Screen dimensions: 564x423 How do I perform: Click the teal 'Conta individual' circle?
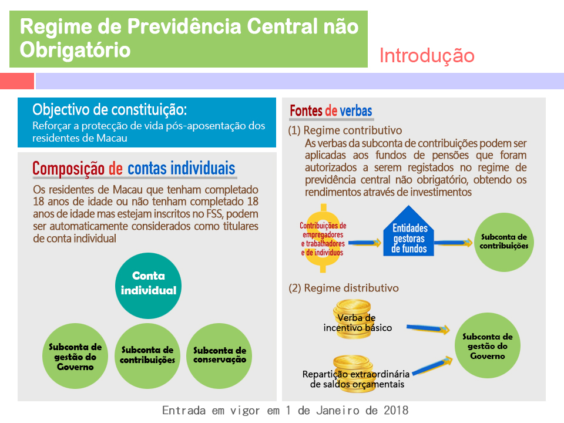click(x=148, y=286)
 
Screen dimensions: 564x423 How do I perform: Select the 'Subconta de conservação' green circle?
click(x=219, y=356)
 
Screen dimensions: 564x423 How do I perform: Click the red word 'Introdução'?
click(x=427, y=56)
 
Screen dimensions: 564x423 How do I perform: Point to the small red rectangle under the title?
click(x=17, y=81)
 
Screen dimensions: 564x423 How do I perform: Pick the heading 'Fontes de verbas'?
click(x=331, y=111)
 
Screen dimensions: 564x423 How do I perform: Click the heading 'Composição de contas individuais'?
click(x=134, y=169)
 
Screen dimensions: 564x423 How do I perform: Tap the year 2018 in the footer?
click(x=396, y=411)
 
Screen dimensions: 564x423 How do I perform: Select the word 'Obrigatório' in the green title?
click(x=75, y=49)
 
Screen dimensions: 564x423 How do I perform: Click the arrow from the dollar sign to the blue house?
click(x=364, y=243)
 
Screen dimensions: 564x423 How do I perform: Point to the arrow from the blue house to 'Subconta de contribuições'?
click(x=453, y=243)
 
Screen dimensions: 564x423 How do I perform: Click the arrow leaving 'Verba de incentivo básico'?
click(x=428, y=328)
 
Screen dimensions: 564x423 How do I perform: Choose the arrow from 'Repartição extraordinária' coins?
click(x=432, y=366)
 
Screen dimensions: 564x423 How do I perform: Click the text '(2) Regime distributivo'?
click(x=344, y=288)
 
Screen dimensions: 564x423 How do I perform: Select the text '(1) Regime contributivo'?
click(x=345, y=130)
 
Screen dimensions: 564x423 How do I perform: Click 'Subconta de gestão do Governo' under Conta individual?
click(x=75, y=356)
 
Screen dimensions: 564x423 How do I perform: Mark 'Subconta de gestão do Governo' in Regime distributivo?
click(x=488, y=345)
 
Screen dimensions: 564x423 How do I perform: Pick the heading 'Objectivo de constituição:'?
click(x=110, y=110)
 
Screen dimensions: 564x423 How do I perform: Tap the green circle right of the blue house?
click(x=504, y=242)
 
